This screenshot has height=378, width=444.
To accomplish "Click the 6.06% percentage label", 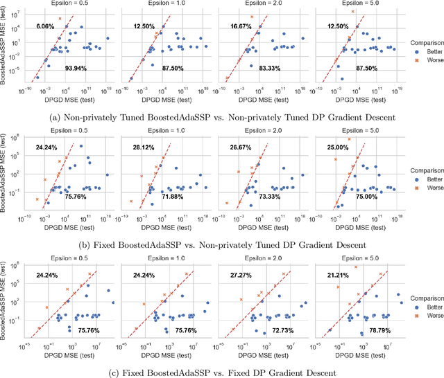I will (x=45, y=26).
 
